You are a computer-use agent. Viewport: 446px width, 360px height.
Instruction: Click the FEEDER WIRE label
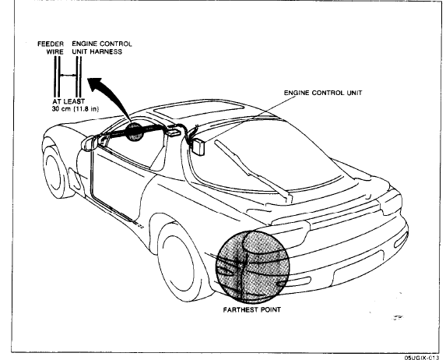pyautogui.click(x=51, y=48)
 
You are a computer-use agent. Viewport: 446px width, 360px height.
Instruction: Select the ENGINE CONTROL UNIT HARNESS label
pyautogui.click(x=102, y=48)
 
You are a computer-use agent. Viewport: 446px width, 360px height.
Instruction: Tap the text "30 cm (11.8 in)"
pyautogui.click(x=75, y=108)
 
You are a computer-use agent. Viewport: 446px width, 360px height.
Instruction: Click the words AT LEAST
pyautogui.click(x=68, y=101)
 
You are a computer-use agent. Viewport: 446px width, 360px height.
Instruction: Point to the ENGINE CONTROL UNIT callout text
pyautogui.click(x=323, y=93)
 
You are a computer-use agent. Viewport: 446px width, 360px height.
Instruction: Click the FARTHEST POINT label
pyautogui.click(x=251, y=309)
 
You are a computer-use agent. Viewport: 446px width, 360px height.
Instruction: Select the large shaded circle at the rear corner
pyautogui.click(x=252, y=266)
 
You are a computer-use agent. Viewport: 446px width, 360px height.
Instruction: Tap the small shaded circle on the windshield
pyautogui.click(x=134, y=132)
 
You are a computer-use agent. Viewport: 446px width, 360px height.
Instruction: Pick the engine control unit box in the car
pyautogui.click(x=199, y=147)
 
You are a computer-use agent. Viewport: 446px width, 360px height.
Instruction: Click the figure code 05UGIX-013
pyautogui.click(x=421, y=357)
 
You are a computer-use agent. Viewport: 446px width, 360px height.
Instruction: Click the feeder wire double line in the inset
pyautogui.click(x=57, y=76)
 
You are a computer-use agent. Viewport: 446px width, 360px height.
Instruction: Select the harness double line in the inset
pyautogui.click(x=79, y=76)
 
